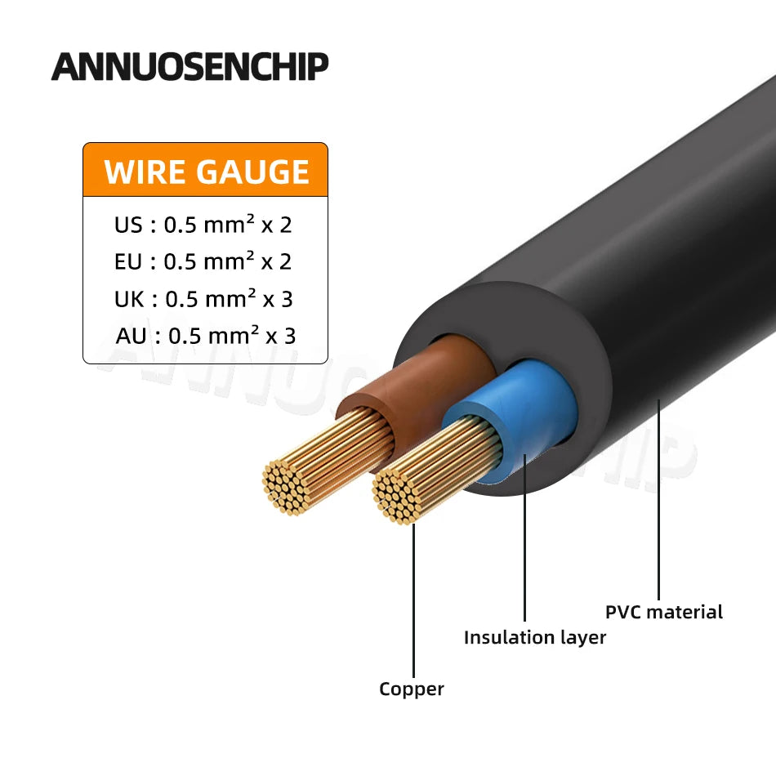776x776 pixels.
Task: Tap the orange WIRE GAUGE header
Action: (x=205, y=171)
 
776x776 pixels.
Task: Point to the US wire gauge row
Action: (x=203, y=225)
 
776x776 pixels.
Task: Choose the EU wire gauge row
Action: (x=203, y=261)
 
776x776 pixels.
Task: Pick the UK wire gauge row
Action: (x=203, y=298)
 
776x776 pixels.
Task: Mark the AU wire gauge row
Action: (x=205, y=335)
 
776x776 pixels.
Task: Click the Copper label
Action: (x=412, y=689)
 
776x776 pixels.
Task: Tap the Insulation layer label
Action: (x=535, y=637)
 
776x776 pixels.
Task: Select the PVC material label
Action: (x=664, y=611)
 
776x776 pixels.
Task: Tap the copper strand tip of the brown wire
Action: (x=288, y=486)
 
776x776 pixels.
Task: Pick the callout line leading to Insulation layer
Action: (x=524, y=555)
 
